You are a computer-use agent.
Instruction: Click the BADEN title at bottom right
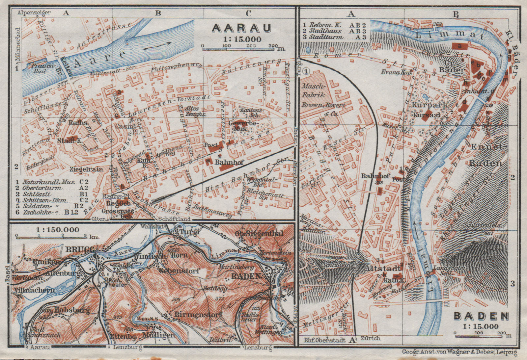(481, 316)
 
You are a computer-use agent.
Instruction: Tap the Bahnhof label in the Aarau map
(229, 162)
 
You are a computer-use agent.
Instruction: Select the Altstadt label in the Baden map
(383, 268)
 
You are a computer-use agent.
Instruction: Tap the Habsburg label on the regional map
(68, 310)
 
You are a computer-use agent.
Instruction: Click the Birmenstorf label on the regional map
(198, 314)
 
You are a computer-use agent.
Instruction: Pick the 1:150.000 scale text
(58, 229)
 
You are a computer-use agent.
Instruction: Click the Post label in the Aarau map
(211, 145)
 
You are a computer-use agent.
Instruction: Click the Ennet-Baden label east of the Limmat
(486, 155)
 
